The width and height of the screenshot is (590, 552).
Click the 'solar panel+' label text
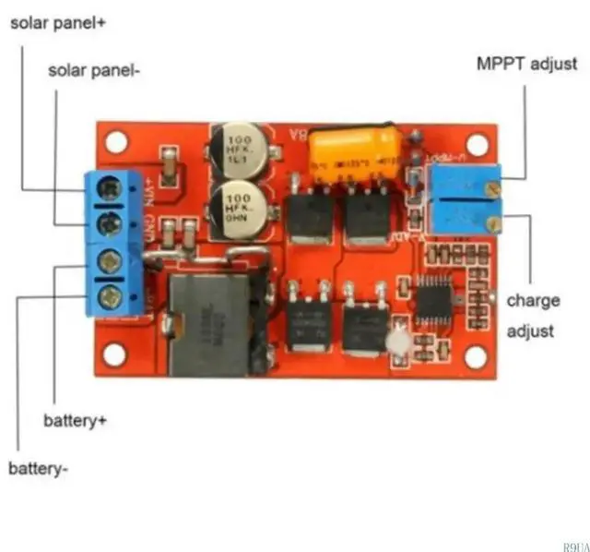(58, 23)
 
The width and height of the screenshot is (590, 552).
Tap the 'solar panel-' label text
(94, 71)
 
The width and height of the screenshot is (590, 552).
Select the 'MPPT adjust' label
(526, 65)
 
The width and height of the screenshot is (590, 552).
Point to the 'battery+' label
(76, 421)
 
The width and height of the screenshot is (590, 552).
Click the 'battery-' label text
(39, 469)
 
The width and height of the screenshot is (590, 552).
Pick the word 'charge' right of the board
(533, 301)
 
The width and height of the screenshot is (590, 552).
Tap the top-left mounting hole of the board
(115, 142)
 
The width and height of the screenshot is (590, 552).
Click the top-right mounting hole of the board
(477, 144)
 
